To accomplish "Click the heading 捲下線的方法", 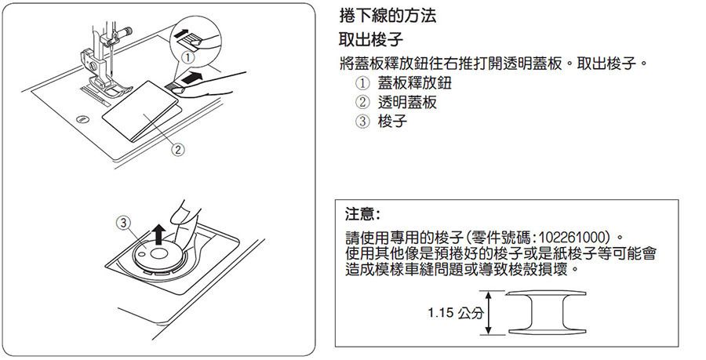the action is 388,16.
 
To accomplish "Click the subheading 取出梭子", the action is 371,39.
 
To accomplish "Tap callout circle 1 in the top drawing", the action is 188,58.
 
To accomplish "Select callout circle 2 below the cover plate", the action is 178,150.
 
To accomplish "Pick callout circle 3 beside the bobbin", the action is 124,222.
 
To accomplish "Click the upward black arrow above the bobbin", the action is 158,234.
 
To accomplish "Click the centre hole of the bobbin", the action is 158,254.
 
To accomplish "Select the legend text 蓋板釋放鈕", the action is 414,84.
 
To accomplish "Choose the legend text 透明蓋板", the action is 407,103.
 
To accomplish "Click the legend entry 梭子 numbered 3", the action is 392,122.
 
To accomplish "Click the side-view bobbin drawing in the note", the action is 547,313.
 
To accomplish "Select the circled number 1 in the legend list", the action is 362,84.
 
